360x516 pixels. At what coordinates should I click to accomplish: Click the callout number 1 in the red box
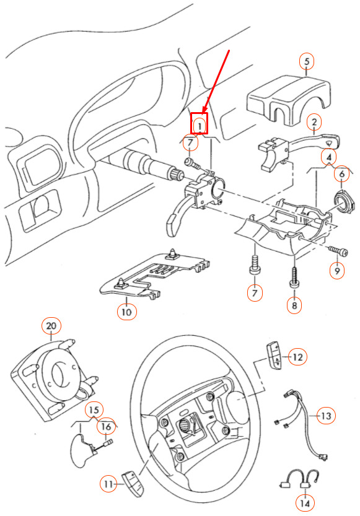point(200,125)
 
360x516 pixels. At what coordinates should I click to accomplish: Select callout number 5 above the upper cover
point(307,61)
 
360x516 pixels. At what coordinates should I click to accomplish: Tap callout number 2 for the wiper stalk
point(314,123)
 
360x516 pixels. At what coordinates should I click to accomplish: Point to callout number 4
point(329,157)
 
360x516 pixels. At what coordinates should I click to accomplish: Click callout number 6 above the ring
point(342,174)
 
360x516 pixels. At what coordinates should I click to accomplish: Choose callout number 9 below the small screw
point(337,271)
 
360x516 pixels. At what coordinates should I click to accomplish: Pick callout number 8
point(294,305)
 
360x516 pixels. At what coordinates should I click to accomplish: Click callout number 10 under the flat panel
point(126,312)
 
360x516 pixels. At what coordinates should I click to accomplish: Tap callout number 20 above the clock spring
point(51,326)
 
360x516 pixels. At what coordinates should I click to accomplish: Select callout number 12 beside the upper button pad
point(297,357)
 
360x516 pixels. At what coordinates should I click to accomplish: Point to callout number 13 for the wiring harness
point(326,416)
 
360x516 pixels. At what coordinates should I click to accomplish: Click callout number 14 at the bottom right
point(305,504)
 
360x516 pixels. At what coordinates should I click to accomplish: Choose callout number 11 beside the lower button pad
point(108,484)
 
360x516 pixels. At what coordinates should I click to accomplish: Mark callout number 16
point(107,426)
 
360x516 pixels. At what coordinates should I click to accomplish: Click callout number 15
point(94,410)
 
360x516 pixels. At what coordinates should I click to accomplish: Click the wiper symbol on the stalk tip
point(328,142)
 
